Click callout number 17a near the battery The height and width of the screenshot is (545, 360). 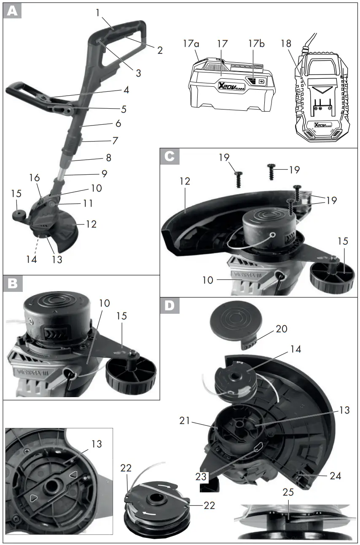pos(191,43)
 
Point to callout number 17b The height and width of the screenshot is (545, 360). pos(256,43)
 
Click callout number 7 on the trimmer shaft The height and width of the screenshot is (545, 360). pos(115,140)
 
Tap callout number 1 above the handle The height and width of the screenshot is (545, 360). pos(98,13)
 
